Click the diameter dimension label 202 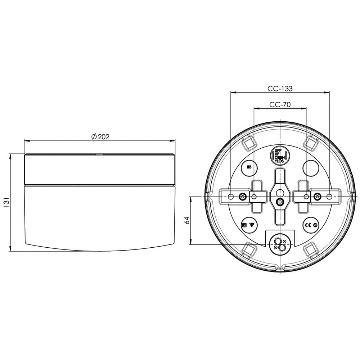[103, 136]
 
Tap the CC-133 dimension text [280, 88]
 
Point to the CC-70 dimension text [280, 105]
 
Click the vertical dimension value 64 [186, 221]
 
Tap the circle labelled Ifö [248, 167]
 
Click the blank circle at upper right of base [311, 167]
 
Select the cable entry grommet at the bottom [280, 243]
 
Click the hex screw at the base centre [280, 202]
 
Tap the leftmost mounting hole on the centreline [231, 197]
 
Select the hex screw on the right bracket [317, 197]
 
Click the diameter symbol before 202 [93, 136]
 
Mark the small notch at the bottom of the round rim [280, 269]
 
